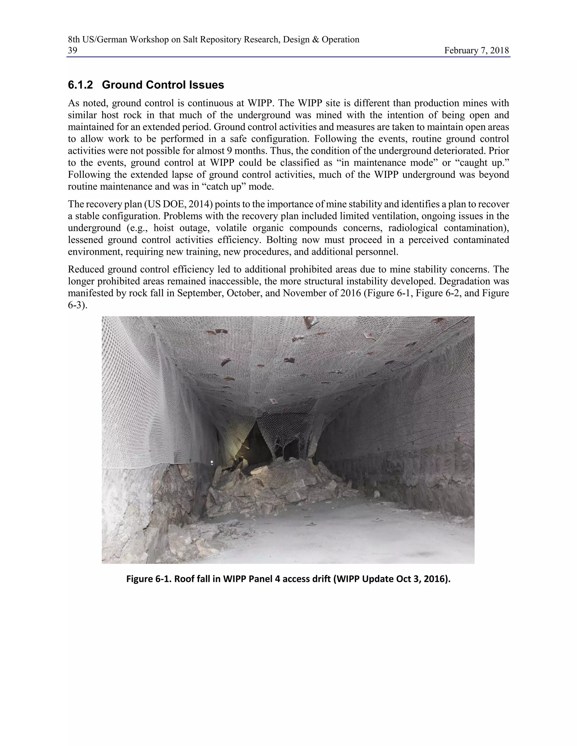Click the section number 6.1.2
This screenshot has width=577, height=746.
coord(80,85)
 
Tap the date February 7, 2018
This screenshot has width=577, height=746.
coord(476,51)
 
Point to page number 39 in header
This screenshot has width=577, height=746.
coord(72,51)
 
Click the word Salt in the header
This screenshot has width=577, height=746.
coord(190,40)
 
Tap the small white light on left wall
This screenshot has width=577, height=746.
coord(212,463)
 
